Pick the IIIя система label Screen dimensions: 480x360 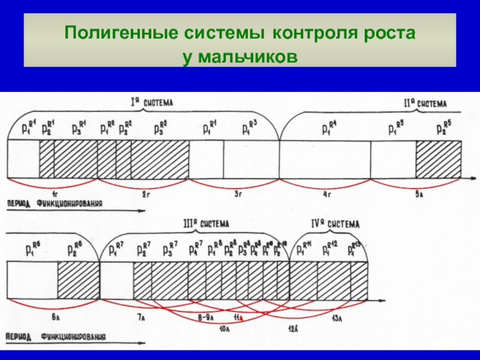(x=206, y=223)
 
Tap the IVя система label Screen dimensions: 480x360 (x=335, y=224)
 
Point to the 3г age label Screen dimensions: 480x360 (x=238, y=193)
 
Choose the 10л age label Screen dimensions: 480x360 (x=225, y=328)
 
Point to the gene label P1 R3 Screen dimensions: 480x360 (x=249, y=127)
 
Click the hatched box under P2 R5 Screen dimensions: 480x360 (x=439, y=158)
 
